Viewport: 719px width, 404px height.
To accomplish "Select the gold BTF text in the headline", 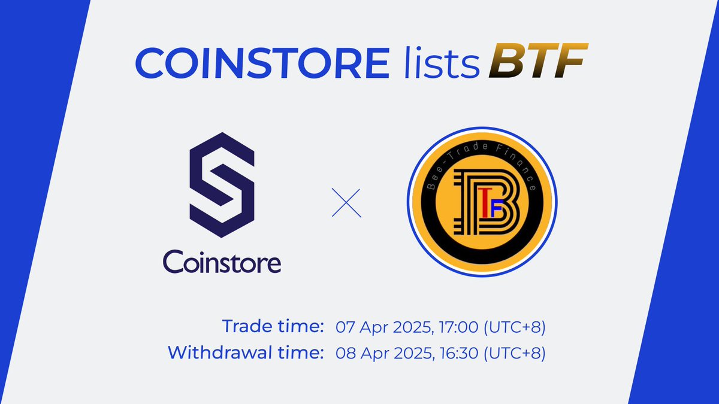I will pyautogui.click(x=536, y=62).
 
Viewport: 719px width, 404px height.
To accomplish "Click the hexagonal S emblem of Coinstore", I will pyautogui.click(x=221, y=185).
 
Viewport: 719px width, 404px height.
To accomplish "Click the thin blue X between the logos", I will pyautogui.click(x=347, y=203).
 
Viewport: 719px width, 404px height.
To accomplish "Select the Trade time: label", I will pyautogui.click(x=273, y=327).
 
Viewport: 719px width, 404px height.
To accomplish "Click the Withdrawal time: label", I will pyautogui.click(x=243, y=353).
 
